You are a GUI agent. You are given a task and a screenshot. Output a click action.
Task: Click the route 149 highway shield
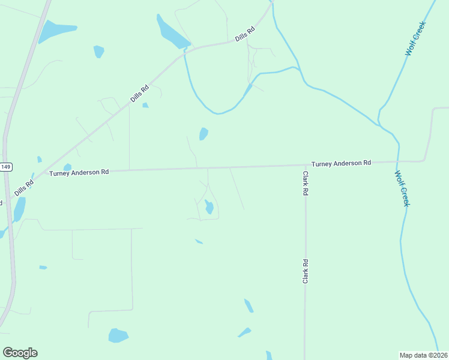(5, 167)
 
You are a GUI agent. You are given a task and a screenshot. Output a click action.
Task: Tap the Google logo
(20, 353)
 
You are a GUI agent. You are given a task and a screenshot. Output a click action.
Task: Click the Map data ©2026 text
(423, 355)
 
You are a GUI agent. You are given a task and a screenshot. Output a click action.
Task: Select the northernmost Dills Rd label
(246, 34)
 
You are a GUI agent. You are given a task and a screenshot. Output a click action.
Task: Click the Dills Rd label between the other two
(139, 92)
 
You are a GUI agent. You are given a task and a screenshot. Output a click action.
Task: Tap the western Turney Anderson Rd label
(79, 172)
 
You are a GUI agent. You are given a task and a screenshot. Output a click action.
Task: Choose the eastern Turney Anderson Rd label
(341, 163)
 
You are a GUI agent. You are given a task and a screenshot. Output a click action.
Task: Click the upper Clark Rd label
(306, 184)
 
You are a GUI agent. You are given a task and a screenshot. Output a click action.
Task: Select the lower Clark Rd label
(306, 271)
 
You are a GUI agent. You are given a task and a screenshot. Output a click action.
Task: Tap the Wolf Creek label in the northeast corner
(415, 39)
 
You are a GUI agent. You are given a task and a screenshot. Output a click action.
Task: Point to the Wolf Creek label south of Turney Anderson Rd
(402, 188)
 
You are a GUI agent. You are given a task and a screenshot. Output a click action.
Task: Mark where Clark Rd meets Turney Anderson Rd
(305, 164)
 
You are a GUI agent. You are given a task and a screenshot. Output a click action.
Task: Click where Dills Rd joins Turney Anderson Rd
(47, 172)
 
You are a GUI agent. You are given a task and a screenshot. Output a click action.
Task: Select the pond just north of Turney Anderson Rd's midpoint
(203, 134)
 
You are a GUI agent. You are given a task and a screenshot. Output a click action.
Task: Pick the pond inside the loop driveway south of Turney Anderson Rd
(209, 208)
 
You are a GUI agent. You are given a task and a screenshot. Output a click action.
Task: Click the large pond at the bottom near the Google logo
(118, 335)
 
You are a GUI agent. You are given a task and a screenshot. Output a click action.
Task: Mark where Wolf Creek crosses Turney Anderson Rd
(397, 161)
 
